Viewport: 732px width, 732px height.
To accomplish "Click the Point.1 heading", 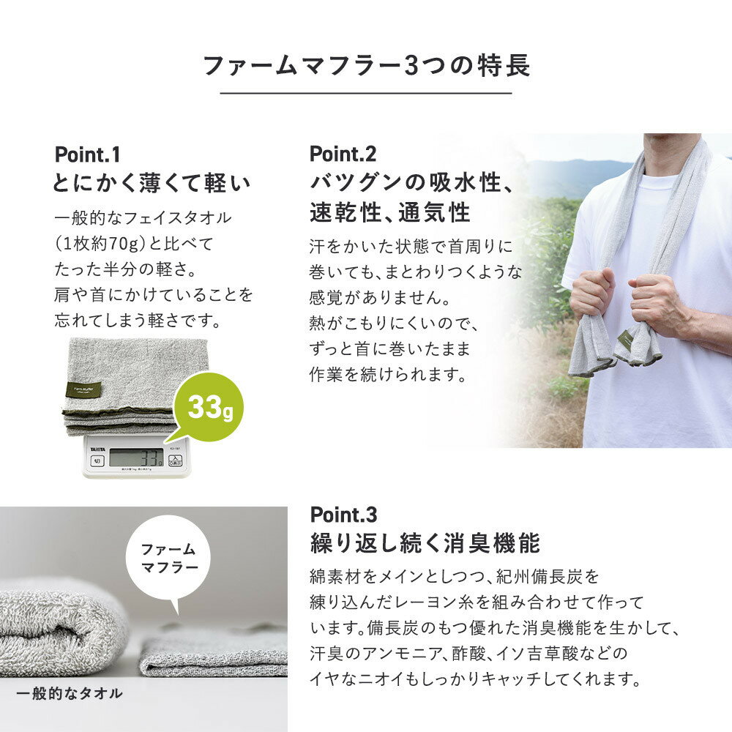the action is pos(87,154).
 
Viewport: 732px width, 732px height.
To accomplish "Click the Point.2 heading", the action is pos(343,154).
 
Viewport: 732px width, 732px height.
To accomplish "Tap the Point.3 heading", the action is pos(343,515).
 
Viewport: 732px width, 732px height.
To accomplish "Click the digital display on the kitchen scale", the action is pos(136,457).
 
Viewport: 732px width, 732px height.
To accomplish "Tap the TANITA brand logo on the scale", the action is pos(97,449).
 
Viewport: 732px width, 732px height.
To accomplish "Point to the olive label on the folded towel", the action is pos(83,389).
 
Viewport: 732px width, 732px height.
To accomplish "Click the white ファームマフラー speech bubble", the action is pos(168,559).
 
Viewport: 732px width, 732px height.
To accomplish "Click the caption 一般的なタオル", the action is pos(69,693).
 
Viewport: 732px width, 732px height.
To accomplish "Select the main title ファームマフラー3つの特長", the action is pos(367,65).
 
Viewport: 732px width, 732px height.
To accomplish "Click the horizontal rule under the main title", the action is pos(366,93).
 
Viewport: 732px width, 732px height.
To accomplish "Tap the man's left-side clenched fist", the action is pos(592,294).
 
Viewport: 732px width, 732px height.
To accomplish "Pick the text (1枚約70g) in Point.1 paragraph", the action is pos(101,243).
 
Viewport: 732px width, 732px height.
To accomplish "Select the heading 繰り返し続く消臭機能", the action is pos(425,543).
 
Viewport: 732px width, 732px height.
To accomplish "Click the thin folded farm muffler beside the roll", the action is pos(213,652).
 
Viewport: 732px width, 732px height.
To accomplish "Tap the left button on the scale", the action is pos(97,462).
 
